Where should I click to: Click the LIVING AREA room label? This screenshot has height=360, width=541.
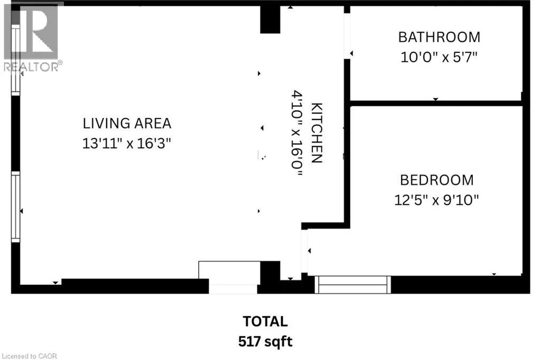(x=127, y=123)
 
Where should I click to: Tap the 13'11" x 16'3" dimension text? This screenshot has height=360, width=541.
(x=127, y=143)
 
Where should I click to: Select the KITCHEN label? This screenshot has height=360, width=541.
(x=317, y=133)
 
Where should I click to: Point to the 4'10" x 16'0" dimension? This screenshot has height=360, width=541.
(x=297, y=133)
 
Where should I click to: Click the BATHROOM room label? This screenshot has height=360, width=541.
(x=439, y=38)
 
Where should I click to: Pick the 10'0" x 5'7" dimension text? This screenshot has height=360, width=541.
(x=439, y=57)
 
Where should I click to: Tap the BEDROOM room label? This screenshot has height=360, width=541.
(x=437, y=180)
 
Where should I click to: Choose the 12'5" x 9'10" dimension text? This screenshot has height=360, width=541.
(x=436, y=200)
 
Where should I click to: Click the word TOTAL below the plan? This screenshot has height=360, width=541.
(x=265, y=321)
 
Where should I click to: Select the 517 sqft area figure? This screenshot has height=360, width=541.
(x=265, y=341)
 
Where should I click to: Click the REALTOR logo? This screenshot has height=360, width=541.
(x=32, y=38)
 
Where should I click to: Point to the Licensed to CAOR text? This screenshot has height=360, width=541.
(x=30, y=356)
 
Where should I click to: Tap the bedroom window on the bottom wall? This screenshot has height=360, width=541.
(x=352, y=285)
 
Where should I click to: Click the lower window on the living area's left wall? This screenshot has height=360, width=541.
(x=15, y=207)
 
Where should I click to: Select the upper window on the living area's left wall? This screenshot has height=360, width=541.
(x=15, y=59)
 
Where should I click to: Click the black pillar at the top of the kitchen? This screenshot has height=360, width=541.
(x=270, y=20)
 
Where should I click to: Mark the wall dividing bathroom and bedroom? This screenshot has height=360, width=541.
(x=436, y=103)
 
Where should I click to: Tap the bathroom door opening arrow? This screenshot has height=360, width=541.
(x=351, y=53)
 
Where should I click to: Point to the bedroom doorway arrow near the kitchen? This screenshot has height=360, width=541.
(x=310, y=251)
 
